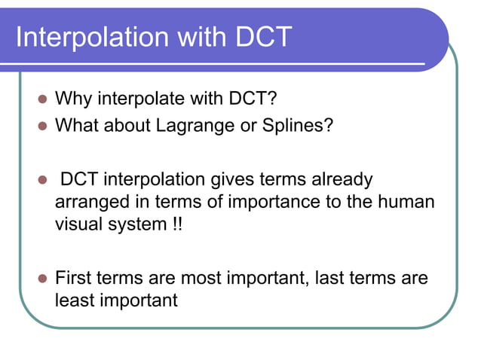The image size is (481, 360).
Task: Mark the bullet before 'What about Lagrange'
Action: (x=42, y=125)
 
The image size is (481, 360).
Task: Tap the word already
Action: (x=341, y=180)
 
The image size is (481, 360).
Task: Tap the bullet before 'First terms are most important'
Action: (x=42, y=278)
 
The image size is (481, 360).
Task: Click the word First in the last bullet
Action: (x=74, y=277)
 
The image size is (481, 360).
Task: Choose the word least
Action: (x=75, y=301)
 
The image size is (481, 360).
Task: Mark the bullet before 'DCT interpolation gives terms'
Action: (x=42, y=181)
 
